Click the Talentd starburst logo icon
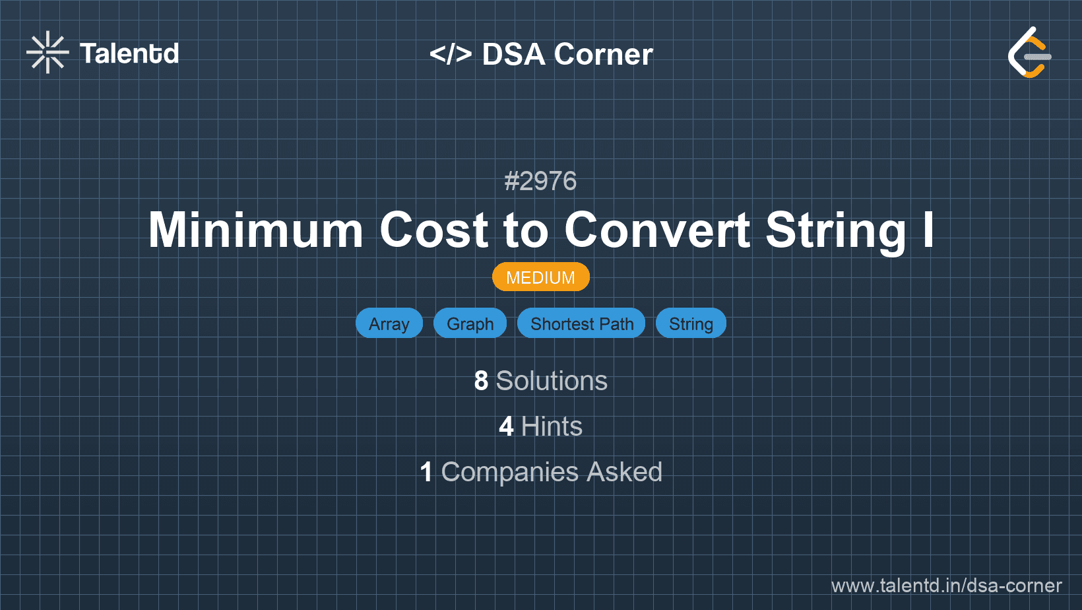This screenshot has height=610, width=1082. [48, 52]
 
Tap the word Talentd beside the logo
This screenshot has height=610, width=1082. [129, 53]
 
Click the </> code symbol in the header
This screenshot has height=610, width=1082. [450, 54]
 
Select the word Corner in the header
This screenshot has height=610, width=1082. [603, 54]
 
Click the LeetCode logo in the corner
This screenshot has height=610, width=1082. [1029, 52]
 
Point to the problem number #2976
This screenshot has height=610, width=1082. [540, 181]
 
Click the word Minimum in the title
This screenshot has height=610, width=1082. [255, 230]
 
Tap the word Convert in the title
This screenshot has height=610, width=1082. [657, 230]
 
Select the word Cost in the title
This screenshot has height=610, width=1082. [433, 230]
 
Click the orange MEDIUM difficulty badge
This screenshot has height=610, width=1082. [540, 277]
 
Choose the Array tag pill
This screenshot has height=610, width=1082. [389, 323]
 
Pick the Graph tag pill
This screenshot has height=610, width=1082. [470, 323]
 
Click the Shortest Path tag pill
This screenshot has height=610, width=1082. [582, 323]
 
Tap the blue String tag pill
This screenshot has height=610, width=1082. [691, 323]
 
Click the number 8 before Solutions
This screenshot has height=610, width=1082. [481, 380]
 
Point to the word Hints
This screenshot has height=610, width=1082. [552, 426]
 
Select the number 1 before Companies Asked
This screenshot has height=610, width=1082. [426, 472]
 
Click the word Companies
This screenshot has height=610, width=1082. [509, 473]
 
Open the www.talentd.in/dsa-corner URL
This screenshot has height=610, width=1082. [946, 586]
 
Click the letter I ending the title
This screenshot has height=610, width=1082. [928, 230]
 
